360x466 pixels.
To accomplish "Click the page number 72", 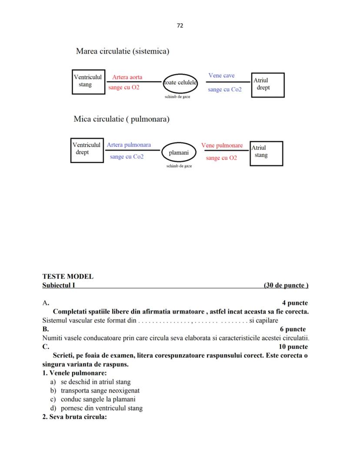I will [180, 26].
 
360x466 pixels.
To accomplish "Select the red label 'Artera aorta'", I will [127, 77].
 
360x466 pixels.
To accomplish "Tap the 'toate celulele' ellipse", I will [180, 82].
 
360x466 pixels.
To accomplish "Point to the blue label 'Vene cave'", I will [221, 76].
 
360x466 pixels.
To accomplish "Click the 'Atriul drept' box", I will [268, 84].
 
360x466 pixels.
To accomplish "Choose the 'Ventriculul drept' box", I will [87, 150].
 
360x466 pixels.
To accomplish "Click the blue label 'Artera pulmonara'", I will [129, 145].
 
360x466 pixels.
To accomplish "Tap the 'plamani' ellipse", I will [179, 153].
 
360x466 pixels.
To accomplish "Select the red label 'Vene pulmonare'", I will [222, 146].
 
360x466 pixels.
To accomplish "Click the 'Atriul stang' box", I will [266, 153].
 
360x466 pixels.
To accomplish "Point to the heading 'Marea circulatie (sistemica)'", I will [123, 51].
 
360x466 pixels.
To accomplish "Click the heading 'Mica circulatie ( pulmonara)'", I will [122, 119].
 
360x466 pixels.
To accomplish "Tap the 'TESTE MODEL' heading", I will [68, 276].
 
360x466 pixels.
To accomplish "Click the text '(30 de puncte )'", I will [286, 285].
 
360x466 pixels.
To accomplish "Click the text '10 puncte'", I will [293, 347].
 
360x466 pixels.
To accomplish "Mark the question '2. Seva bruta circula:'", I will [74, 417].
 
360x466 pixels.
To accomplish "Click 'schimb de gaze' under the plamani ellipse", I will [179, 166].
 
